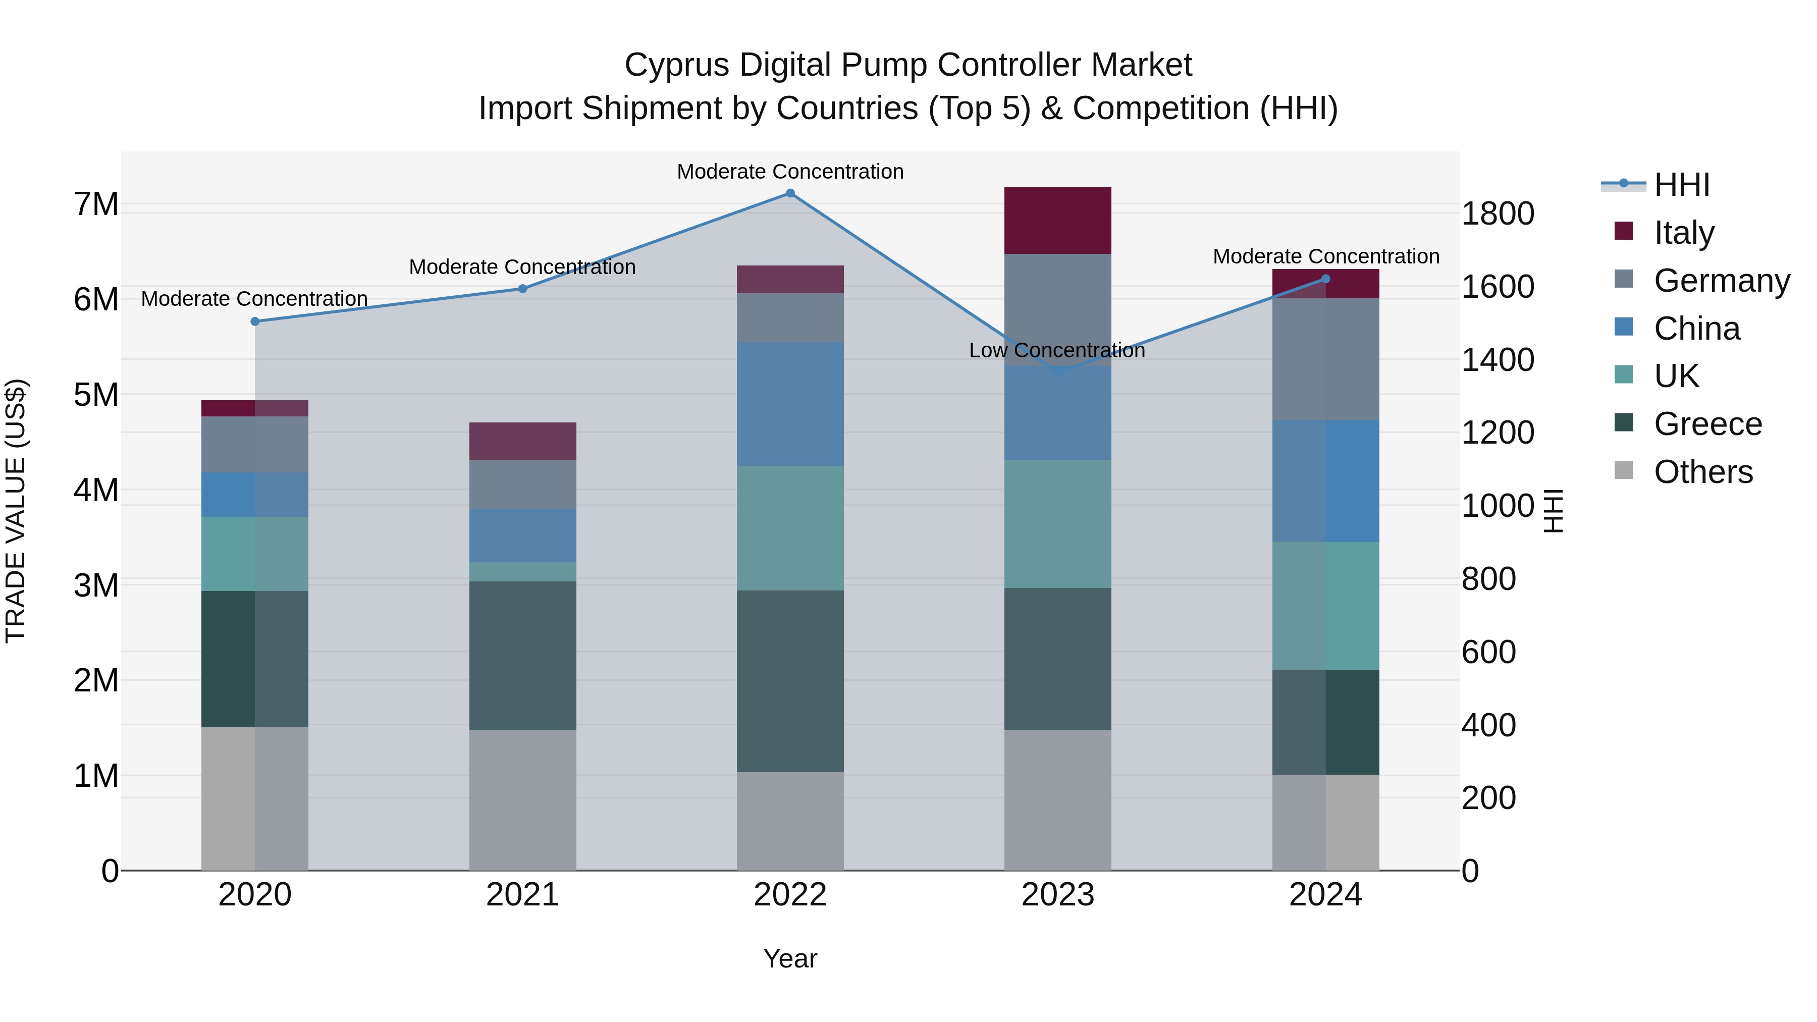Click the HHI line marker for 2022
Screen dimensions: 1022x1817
click(x=790, y=193)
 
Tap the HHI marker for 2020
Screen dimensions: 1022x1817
click(x=255, y=321)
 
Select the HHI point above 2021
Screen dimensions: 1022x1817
click(x=523, y=289)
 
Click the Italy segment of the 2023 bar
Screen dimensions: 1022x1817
click(x=1057, y=221)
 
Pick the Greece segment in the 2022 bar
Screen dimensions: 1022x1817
click(x=790, y=681)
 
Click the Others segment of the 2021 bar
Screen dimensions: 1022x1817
click(x=523, y=800)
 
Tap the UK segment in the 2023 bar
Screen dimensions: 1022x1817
click(x=1057, y=524)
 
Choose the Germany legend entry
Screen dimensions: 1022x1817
click(x=1721, y=281)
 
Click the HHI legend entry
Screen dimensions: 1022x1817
click(x=1682, y=185)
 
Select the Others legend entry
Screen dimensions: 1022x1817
click(x=1703, y=472)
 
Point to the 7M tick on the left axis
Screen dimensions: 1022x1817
click(x=96, y=204)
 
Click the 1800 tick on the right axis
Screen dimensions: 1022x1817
click(x=1498, y=213)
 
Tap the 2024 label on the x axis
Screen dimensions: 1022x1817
click(x=1325, y=895)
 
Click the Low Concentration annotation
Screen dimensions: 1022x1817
click(x=1056, y=351)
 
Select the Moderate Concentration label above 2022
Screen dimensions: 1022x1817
click(x=790, y=172)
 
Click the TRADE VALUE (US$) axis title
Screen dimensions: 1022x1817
click(x=16, y=511)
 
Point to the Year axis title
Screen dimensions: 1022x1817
click(x=790, y=958)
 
